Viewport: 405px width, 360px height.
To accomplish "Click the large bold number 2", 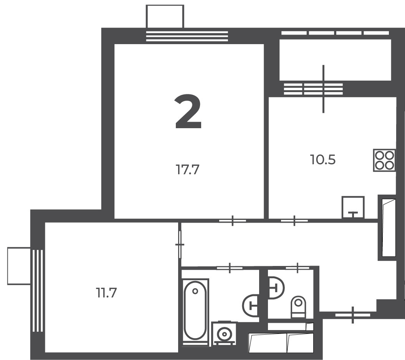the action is (188, 111).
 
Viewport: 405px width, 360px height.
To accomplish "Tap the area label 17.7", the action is (187, 170).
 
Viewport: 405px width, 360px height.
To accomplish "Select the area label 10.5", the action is (323, 160).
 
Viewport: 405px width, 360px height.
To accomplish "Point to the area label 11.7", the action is (106, 293).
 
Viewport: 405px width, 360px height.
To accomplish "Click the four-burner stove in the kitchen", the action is (384, 160).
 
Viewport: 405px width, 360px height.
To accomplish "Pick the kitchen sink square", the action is (353, 207).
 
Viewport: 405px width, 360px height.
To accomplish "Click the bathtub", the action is (195, 312).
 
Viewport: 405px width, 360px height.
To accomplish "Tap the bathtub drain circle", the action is (195, 291).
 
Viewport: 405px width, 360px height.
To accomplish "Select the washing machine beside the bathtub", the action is (224, 334).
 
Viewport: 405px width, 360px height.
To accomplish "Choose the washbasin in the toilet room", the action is (276, 288).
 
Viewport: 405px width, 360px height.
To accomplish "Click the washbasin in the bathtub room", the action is (251, 306).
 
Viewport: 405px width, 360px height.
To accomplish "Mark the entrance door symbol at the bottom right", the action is (353, 315).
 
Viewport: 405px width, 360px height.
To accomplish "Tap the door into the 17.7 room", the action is (233, 221).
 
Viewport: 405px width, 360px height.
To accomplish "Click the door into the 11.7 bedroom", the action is (180, 244).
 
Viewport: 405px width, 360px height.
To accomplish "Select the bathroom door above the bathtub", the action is (230, 268).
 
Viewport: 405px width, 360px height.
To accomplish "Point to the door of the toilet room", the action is (298, 268).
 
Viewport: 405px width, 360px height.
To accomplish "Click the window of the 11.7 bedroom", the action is (38, 290).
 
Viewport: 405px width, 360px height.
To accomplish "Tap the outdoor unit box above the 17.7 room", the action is (165, 16).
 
